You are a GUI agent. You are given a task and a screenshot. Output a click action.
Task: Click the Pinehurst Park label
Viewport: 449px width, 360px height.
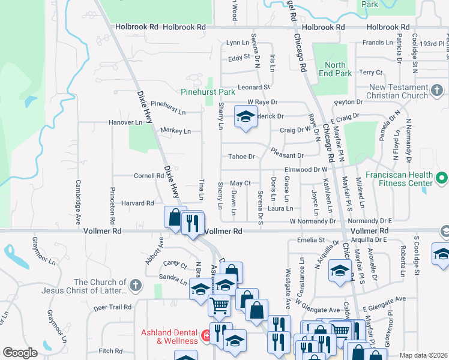[208, 92]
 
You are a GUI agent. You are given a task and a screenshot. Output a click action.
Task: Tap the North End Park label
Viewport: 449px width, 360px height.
[336, 69]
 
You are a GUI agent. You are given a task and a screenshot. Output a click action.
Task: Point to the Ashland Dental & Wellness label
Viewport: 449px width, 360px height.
[169, 337]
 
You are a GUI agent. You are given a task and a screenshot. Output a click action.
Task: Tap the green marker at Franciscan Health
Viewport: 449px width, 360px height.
[442, 178]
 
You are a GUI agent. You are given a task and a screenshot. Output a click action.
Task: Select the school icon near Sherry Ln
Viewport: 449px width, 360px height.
[245, 118]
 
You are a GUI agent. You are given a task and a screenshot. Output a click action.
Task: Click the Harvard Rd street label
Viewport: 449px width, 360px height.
[137, 203]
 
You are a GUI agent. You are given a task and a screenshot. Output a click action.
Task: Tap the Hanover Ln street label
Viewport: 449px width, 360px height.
[125, 122]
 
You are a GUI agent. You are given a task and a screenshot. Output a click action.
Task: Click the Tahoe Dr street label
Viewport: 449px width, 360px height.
[241, 157]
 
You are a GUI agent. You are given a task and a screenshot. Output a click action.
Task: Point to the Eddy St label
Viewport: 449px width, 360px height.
[238, 58]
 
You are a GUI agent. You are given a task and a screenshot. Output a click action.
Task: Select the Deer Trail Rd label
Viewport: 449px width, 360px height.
[112, 307]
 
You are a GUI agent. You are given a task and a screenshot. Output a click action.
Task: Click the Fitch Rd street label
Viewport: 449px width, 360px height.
[110, 351]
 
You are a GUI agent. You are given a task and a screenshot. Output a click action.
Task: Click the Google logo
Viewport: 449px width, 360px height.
[20, 353]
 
